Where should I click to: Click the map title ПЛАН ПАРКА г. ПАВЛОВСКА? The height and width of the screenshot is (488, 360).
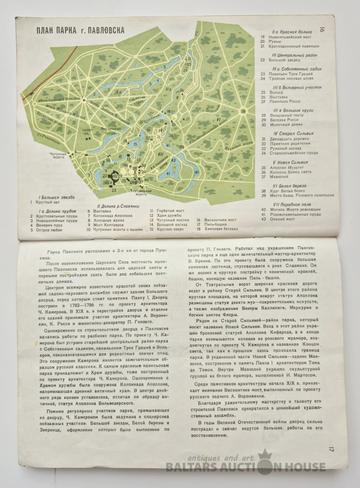pos(81,30)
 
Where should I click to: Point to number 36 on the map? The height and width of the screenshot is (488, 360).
pos(181,90)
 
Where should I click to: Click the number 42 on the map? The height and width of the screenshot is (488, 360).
pos(173,160)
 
